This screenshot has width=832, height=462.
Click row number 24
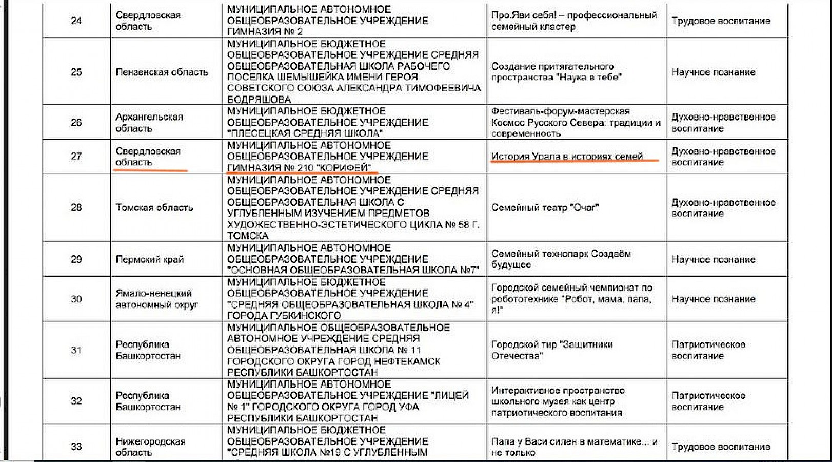tap(76, 21)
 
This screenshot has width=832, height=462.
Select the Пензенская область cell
tap(162, 72)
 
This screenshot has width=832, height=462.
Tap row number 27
tap(76, 157)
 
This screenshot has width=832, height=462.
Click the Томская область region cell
tap(154, 208)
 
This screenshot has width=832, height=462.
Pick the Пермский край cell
tap(149, 259)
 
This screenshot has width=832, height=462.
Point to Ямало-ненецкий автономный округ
tap(156, 299)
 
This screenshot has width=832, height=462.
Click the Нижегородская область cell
tap(150, 447)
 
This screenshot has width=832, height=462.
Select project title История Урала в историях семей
tap(567, 157)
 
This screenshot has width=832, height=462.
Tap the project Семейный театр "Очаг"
tap(545, 208)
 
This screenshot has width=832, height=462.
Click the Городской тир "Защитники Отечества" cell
tap(552, 350)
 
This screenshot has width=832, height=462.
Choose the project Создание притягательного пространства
tap(556, 72)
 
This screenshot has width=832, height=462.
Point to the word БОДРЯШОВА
tap(259, 99)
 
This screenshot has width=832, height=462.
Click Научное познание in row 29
tap(713, 259)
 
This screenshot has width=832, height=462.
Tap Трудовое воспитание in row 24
tap(721, 21)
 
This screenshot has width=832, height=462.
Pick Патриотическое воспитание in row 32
tap(708, 401)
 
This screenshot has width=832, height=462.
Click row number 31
tap(76, 350)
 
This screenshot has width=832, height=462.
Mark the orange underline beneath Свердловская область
tap(151, 170)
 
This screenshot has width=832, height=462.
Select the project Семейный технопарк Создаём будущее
tap(561, 259)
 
